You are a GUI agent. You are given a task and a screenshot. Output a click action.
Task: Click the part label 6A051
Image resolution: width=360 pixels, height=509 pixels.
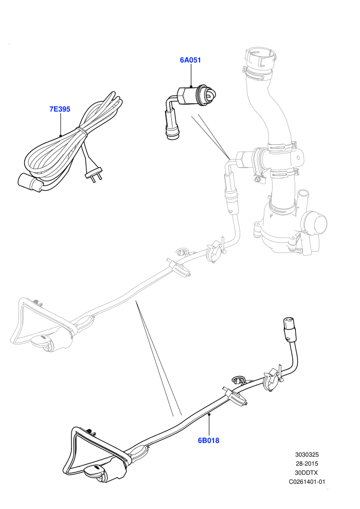(191, 60)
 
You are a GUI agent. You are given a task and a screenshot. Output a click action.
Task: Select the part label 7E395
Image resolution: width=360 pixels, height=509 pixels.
(60, 109)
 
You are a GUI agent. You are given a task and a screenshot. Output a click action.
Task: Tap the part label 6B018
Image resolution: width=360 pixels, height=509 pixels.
(209, 441)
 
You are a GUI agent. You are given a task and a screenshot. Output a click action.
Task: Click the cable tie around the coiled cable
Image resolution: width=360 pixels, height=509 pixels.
(81, 131)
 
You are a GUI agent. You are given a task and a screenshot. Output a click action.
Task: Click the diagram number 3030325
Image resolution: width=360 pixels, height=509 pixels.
(307, 455)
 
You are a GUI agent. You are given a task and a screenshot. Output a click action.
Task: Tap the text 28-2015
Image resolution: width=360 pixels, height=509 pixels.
(307, 464)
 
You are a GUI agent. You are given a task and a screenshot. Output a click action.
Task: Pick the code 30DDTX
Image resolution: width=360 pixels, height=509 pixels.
(307, 472)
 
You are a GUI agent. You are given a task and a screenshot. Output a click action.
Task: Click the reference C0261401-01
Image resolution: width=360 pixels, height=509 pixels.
(307, 482)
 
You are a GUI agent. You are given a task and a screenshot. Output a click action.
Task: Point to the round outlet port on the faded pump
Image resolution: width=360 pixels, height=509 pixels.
(315, 223)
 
